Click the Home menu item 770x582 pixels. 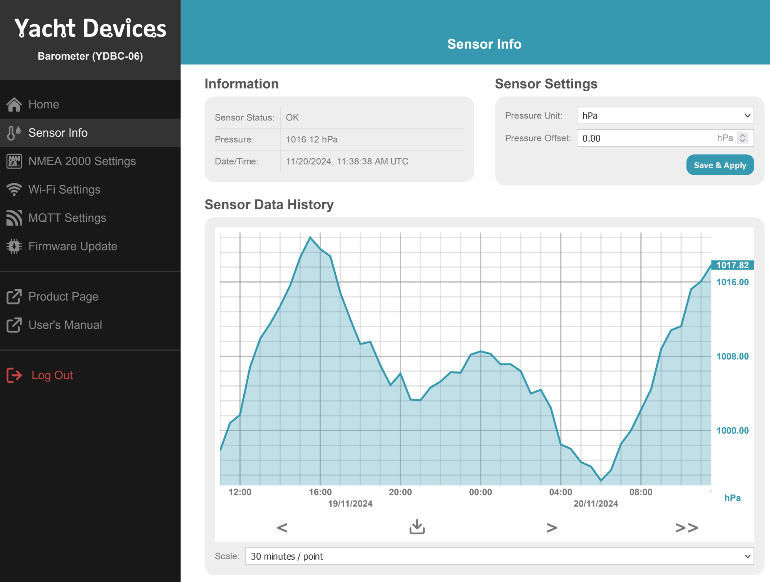coord(44,104)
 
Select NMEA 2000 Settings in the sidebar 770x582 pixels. coord(82,161)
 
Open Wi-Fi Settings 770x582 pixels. coord(64,189)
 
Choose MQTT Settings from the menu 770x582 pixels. coord(67,218)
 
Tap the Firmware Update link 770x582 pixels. coord(72,246)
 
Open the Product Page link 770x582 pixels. coord(63,296)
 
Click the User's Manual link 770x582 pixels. coord(65,325)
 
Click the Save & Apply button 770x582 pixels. coord(720,165)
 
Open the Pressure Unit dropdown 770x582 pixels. coord(665,116)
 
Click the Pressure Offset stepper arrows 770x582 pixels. coord(742,138)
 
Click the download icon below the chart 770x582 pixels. coord(417,527)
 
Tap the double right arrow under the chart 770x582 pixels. coord(686,527)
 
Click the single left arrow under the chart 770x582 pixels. coord(282,527)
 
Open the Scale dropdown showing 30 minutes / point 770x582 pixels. coord(499,556)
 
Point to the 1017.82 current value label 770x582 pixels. coord(732,265)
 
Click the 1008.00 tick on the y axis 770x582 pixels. coord(732,356)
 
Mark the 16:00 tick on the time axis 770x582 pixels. coord(320,492)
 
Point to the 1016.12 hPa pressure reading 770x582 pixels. coord(311,139)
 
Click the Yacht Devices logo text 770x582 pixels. coord(90,28)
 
